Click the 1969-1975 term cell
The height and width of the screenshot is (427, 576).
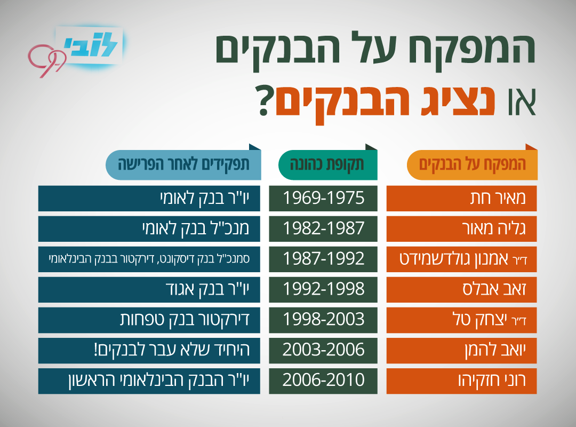tap(323, 198)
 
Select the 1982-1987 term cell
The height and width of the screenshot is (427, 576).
tap(323, 229)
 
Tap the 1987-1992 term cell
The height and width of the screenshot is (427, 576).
tap(323, 259)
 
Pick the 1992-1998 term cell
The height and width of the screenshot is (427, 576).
tap(323, 290)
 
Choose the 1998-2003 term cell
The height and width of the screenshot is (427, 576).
tap(323, 320)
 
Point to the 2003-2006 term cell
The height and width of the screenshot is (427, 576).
tap(323, 351)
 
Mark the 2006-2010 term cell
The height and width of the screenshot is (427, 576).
tap(323, 381)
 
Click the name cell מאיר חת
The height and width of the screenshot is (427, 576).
tap(461, 198)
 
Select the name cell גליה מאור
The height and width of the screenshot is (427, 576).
tap(461, 229)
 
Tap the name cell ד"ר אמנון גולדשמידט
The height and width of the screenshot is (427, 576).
tap(461, 259)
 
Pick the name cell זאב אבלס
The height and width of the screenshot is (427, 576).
tap(461, 290)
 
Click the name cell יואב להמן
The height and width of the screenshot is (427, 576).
tap(461, 351)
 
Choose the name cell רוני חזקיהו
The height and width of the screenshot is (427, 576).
tap(461, 381)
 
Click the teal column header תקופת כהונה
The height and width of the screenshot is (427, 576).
tap(327, 164)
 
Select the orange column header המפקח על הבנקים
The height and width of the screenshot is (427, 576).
tap(472, 164)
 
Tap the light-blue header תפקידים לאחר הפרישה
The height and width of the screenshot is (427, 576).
tap(183, 164)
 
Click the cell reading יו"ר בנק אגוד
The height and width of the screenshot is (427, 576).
tap(149, 290)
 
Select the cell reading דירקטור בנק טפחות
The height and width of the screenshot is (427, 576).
tap(149, 320)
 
